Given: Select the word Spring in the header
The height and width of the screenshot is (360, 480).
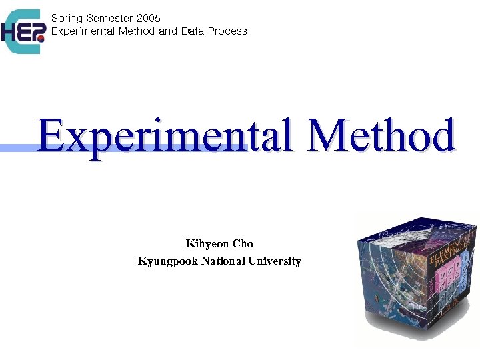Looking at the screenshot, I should (67, 19).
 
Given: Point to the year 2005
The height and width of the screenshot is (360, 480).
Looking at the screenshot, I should (148, 19).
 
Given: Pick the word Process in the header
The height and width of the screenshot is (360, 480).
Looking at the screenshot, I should (227, 31).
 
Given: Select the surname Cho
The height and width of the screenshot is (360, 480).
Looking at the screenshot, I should (243, 244).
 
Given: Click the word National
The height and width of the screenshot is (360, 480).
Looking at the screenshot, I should (223, 261).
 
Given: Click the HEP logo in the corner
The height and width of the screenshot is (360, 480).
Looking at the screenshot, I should (23, 31).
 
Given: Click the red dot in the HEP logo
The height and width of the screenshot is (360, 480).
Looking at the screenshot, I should (41, 39).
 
